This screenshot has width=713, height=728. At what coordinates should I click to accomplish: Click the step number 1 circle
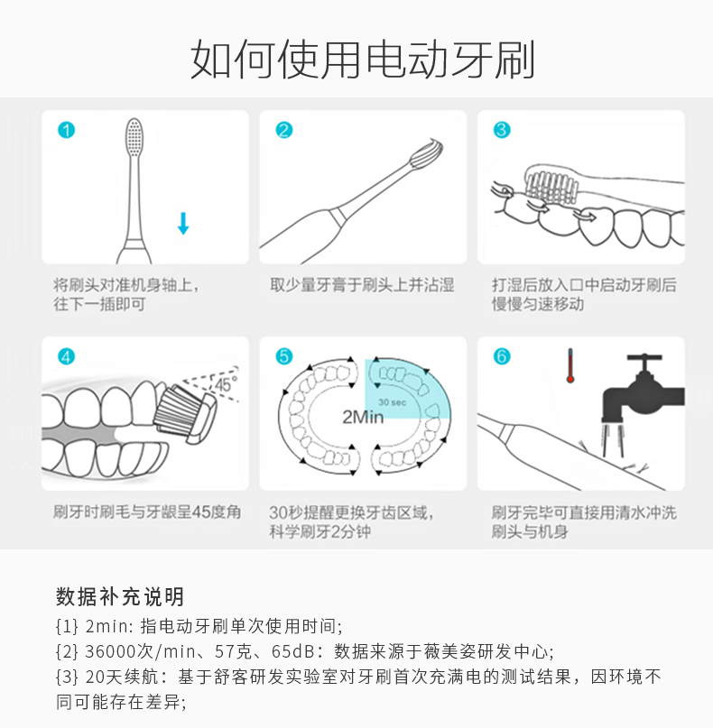(67, 130)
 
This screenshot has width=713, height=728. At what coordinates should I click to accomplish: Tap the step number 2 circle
(284, 130)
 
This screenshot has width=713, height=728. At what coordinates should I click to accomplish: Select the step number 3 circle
(502, 130)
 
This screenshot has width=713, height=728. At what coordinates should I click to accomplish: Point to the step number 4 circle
(67, 356)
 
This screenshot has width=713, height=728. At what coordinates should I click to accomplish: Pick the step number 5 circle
(284, 356)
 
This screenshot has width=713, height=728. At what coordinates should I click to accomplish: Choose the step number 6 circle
(502, 356)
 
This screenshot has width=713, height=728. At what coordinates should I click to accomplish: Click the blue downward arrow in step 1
(183, 224)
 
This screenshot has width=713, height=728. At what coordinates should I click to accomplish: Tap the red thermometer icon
(570, 366)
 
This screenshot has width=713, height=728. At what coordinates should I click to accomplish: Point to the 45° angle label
(226, 384)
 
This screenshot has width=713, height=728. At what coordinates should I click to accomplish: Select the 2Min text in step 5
(363, 417)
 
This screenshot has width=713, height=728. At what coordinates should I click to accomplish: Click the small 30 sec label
(392, 402)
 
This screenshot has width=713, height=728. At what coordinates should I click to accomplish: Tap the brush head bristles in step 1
(134, 137)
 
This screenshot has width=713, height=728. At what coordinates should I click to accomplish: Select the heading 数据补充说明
(120, 596)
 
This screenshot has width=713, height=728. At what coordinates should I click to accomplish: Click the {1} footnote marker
(67, 627)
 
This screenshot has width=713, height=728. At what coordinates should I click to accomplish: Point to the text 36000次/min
(140, 652)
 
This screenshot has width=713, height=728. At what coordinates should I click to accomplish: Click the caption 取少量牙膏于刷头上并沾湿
(362, 285)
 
